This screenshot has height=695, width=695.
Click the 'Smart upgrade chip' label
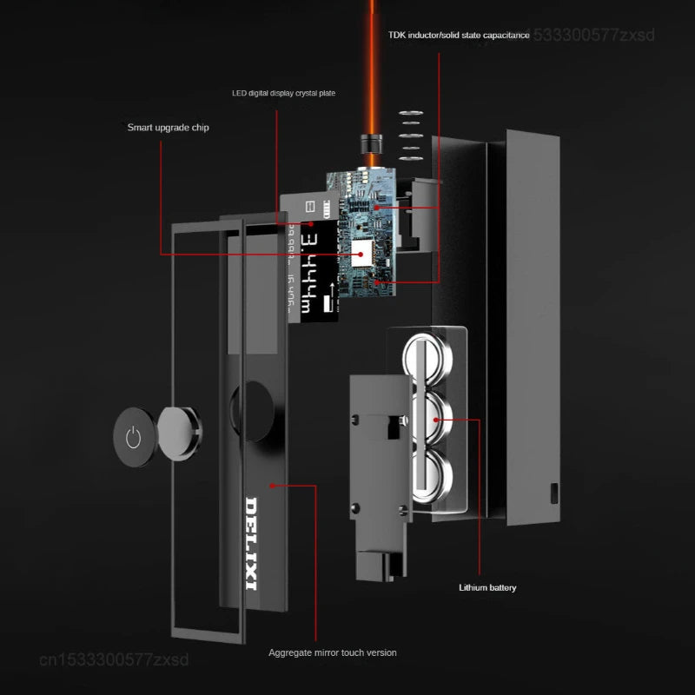click(168, 128)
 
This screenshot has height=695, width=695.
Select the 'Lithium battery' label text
click(487, 588)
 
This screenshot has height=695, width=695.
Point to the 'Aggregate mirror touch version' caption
click(332, 652)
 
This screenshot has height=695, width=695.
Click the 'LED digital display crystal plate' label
click(283, 92)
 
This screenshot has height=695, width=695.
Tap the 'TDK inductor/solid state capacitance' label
click(459, 36)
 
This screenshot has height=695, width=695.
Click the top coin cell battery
click(427, 356)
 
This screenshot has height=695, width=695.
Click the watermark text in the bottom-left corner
click(114, 660)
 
